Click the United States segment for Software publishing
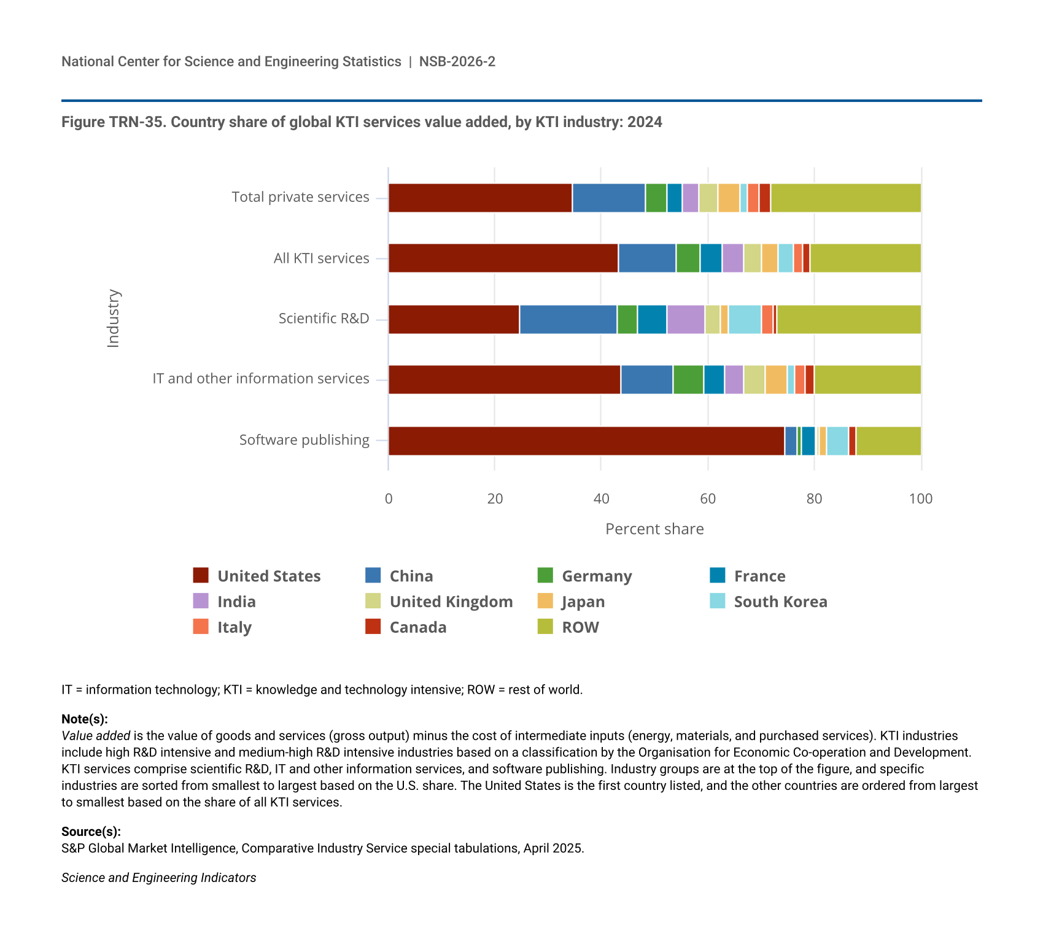(x=586, y=441)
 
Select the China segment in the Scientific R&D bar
(x=568, y=319)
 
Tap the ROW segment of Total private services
(x=846, y=198)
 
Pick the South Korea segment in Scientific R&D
(x=745, y=319)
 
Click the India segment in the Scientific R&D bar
(x=686, y=319)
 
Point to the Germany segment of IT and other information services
(x=688, y=379)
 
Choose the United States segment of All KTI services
(x=503, y=258)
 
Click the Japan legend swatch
(x=545, y=601)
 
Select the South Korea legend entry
(x=768, y=602)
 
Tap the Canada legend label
(x=418, y=627)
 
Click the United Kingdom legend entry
(x=439, y=602)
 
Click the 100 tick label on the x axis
(x=921, y=498)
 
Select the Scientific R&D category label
(x=324, y=319)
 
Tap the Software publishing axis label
(x=304, y=440)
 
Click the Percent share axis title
(x=654, y=529)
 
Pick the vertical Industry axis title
(x=114, y=319)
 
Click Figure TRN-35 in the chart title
(x=112, y=122)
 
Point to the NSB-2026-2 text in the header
(x=457, y=61)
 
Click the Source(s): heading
(x=91, y=832)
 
